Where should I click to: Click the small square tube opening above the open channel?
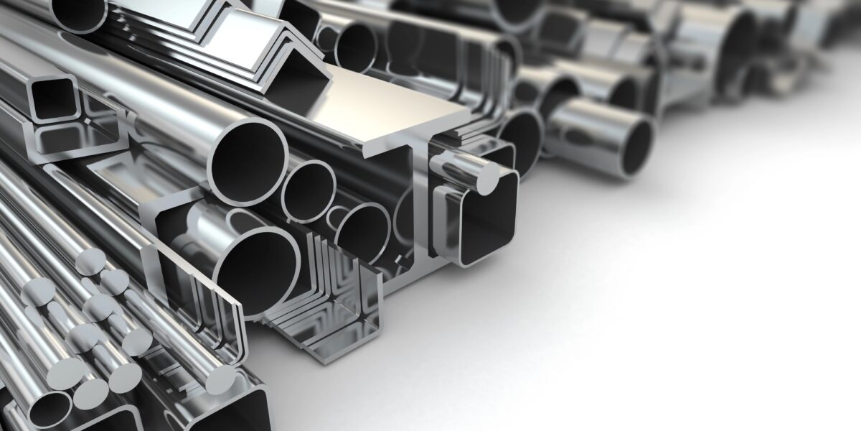point(52,99)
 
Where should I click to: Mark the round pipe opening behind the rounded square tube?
point(520,140)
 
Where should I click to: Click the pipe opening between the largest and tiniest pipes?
point(309,190)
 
